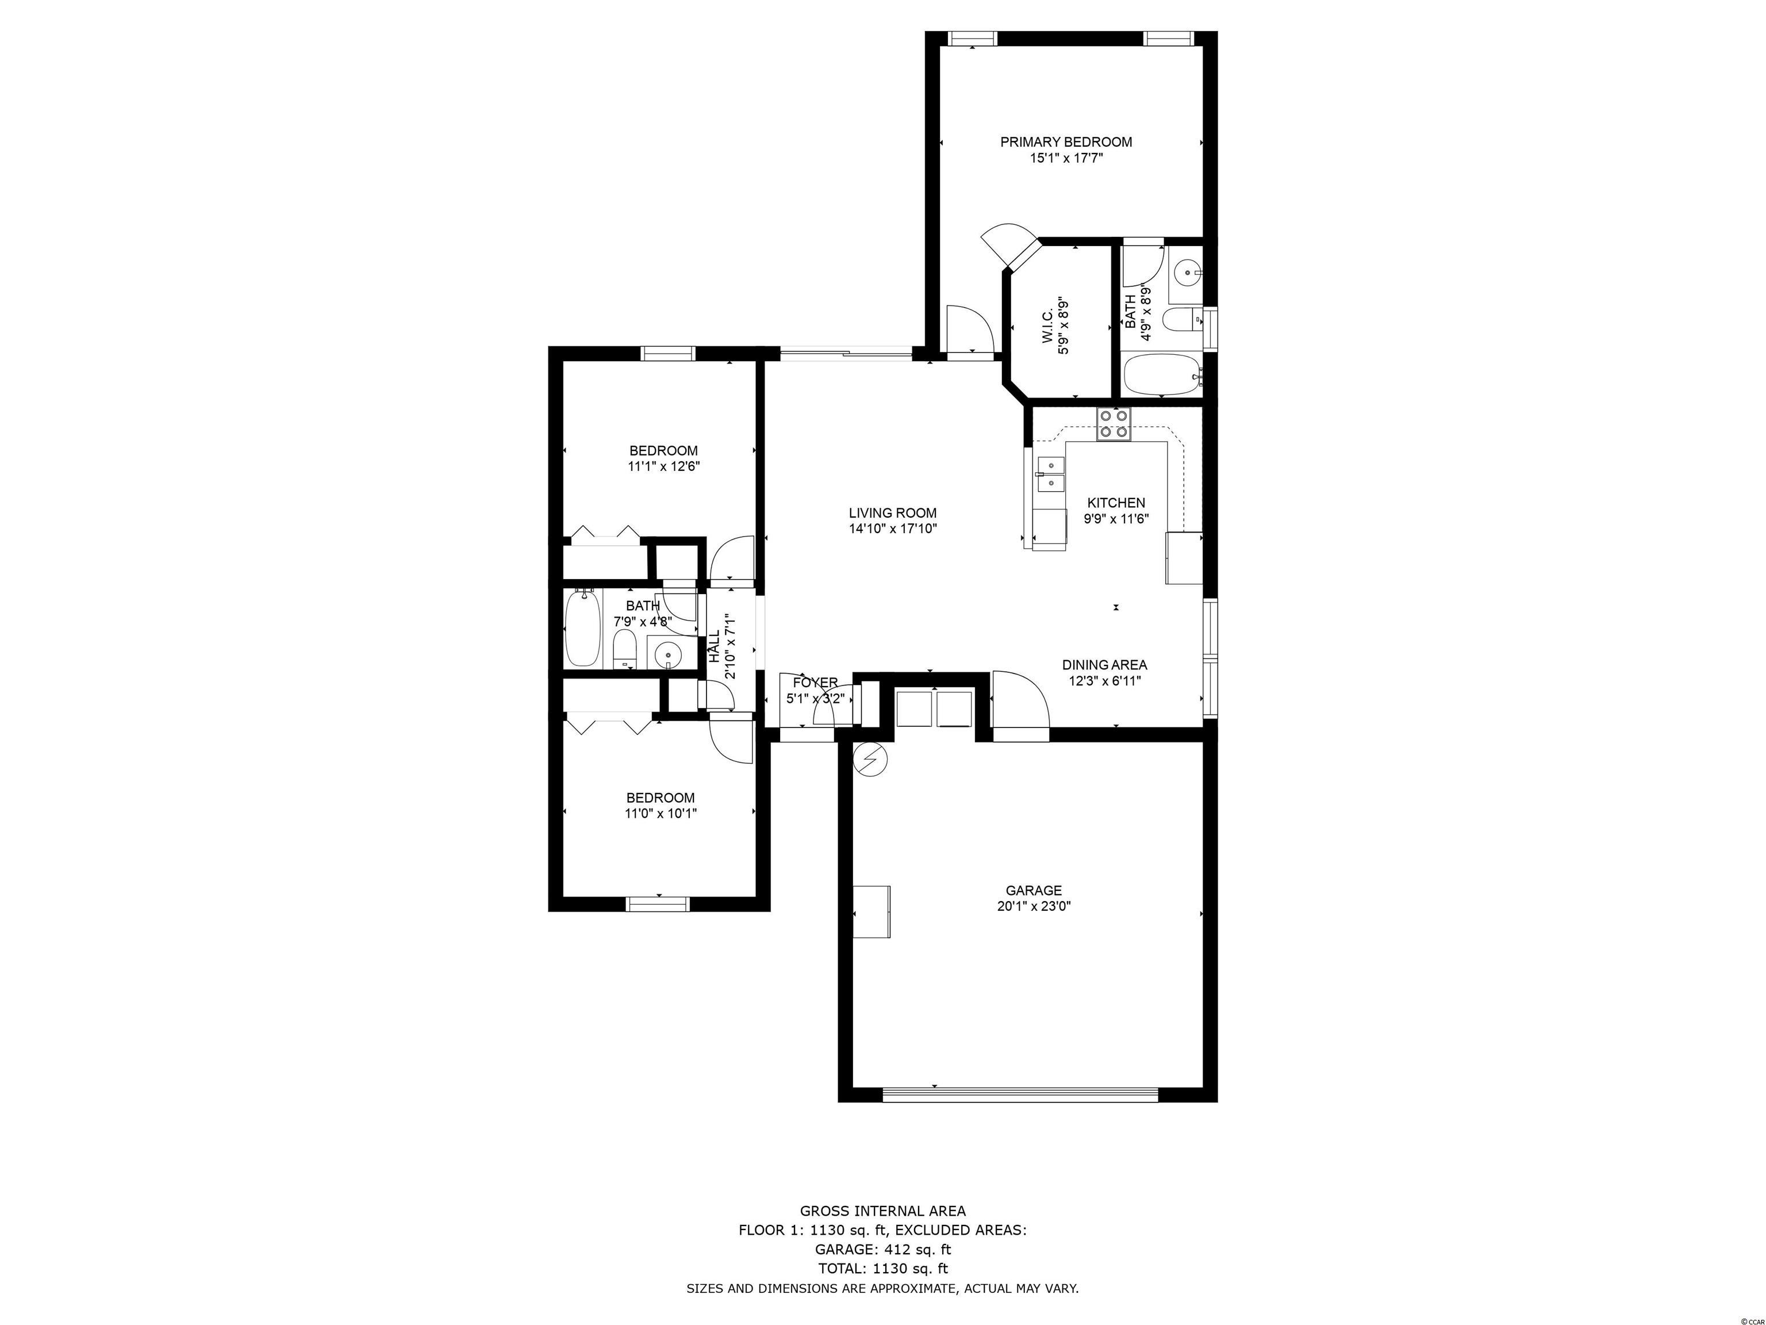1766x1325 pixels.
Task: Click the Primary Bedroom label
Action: (1066, 142)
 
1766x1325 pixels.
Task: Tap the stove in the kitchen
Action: (1114, 424)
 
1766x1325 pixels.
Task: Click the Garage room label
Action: (1033, 890)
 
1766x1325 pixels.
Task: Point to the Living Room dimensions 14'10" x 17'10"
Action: (892, 529)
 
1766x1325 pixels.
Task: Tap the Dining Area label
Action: (1104, 664)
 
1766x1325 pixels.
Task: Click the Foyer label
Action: (815, 683)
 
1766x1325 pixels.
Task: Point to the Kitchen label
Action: (1116, 503)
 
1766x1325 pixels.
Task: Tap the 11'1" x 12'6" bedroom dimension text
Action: (663, 467)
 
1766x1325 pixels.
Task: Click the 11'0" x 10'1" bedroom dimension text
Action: (661, 814)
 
